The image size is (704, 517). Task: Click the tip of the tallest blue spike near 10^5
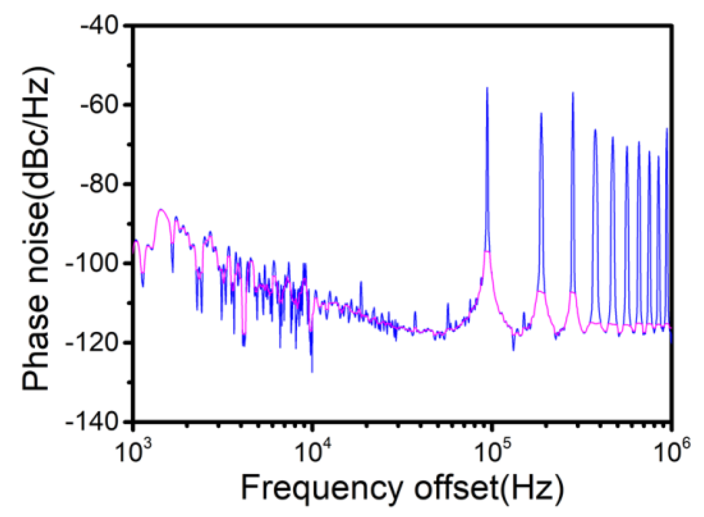pos(487,87)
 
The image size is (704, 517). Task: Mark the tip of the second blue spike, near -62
pos(541,113)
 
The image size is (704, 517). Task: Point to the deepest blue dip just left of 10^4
pos(312,372)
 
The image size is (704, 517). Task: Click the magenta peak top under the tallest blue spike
pos(487,252)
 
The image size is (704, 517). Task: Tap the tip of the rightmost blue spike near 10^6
pos(667,128)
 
